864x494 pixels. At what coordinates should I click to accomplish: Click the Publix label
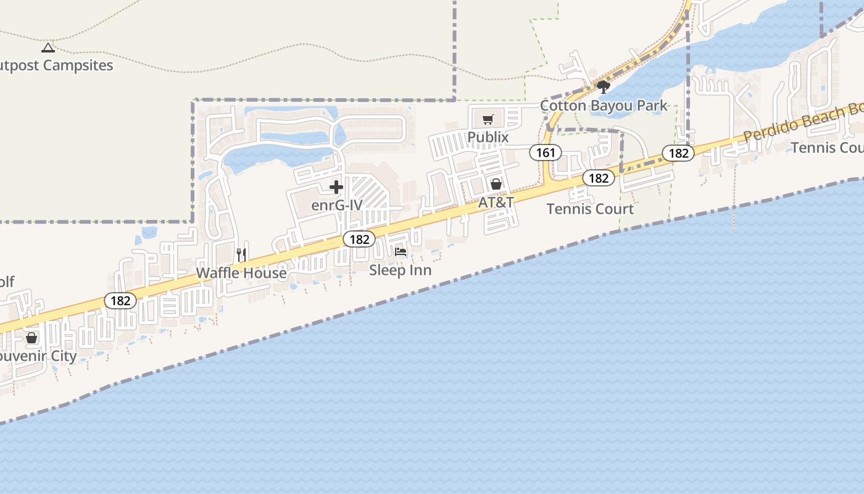(x=488, y=137)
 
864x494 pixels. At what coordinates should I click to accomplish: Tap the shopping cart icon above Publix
(x=488, y=119)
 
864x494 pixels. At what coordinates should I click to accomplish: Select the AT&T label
(x=496, y=203)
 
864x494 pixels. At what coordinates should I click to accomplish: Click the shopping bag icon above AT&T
(x=496, y=184)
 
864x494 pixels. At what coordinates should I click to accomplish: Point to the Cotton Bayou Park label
(x=604, y=106)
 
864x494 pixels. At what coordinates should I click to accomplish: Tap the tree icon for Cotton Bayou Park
(x=604, y=86)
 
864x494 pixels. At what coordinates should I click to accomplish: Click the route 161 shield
(x=546, y=153)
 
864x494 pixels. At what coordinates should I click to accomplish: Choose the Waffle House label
(x=241, y=273)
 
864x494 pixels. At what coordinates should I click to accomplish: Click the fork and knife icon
(x=241, y=254)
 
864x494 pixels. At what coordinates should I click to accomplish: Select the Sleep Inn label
(x=400, y=270)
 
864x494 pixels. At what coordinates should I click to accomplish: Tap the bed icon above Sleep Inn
(x=401, y=251)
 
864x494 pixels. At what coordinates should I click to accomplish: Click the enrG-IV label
(x=336, y=205)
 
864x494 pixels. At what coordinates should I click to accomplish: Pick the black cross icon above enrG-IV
(x=336, y=187)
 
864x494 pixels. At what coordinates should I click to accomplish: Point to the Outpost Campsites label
(x=57, y=65)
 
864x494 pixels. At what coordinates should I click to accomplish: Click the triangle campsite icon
(x=48, y=48)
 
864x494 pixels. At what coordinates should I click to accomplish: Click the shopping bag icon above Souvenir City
(x=31, y=338)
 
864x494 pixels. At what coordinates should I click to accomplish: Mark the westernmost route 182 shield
(x=120, y=301)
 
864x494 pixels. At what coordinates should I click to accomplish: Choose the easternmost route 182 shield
(x=678, y=153)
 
